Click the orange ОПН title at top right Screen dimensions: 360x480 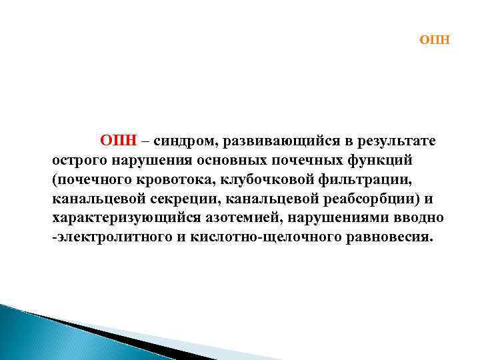click(x=435, y=40)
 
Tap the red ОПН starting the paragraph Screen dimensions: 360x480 click(x=119, y=141)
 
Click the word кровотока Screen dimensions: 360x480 click(x=181, y=180)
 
